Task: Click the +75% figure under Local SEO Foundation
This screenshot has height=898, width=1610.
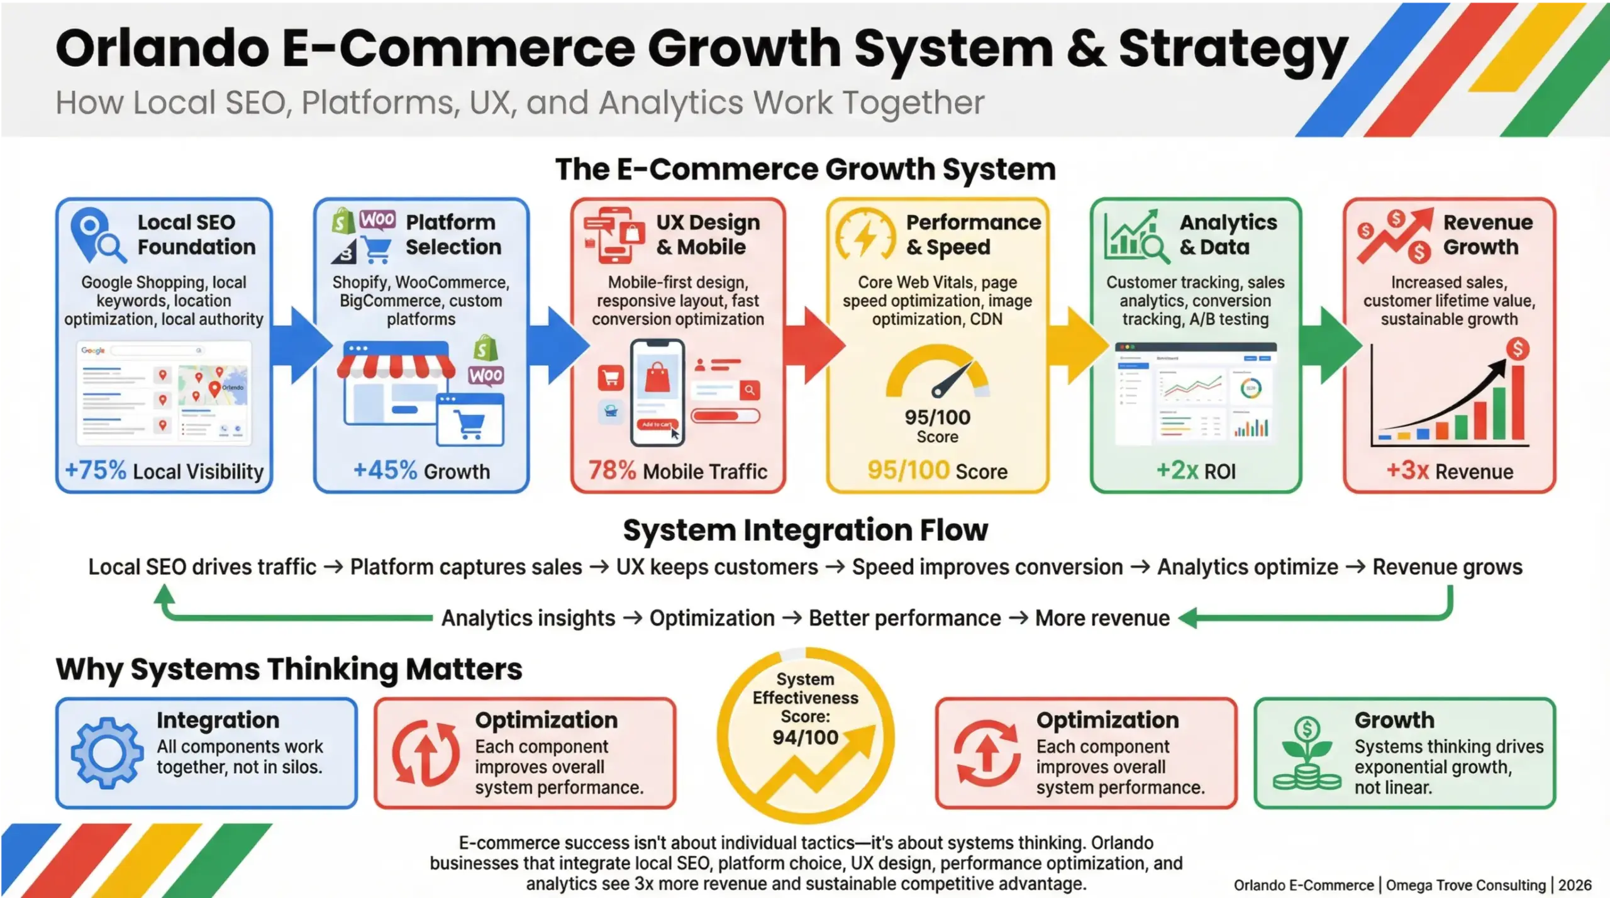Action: [x=96, y=470]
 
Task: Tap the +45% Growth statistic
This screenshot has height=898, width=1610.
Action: [x=385, y=470]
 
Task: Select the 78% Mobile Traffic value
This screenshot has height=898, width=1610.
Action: [x=612, y=470]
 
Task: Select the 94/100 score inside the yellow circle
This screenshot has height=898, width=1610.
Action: [x=805, y=737]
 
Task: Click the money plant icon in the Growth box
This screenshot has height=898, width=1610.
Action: [x=1307, y=755]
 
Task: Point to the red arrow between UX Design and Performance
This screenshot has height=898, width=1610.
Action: [x=818, y=345]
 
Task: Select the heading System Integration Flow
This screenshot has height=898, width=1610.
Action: [x=805, y=530]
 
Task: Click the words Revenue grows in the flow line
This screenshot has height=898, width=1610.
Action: [x=1446, y=567]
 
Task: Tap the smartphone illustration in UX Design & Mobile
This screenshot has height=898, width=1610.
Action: [x=657, y=391]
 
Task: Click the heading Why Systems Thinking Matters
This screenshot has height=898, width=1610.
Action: [x=289, y=668]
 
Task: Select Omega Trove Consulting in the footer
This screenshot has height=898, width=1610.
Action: [x=1465, y=885]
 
